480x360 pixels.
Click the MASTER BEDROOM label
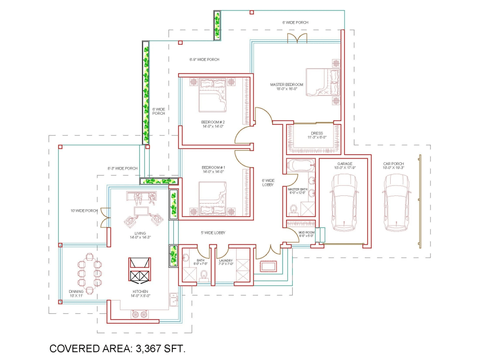(287, 84)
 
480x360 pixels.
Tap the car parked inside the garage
(344, 201)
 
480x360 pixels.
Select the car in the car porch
(397, 201)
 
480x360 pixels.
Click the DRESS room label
(317, 133)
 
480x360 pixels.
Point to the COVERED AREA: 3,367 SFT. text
(118, 349)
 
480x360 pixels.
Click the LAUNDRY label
(226, 261)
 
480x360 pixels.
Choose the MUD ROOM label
(307, 232)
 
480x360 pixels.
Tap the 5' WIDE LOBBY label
(213, 233)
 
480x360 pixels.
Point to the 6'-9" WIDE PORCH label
(204, 60)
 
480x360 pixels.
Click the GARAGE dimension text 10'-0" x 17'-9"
(344, 168)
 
